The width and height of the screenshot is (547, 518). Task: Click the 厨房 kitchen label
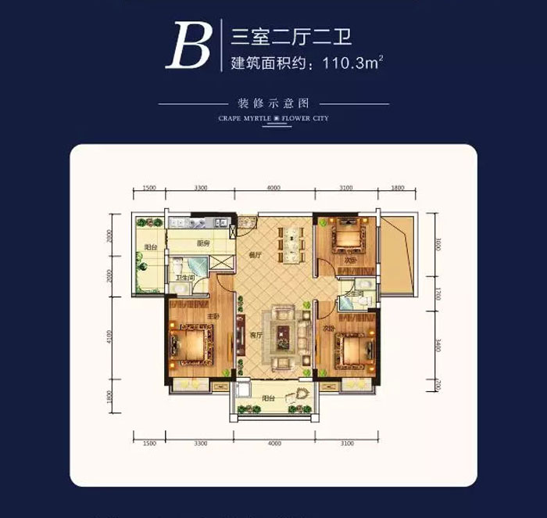pyautogui.click(x=203, y=243)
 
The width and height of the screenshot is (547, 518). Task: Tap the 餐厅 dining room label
pyautogui.click(x=254, y=255)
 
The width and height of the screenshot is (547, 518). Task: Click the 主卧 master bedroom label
pyautogui.click(x=211, y=317)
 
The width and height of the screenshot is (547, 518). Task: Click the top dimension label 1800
pyautogui.click(x=397, y=189)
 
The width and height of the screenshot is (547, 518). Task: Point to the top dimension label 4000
pyautogui.click(x=273, y=189)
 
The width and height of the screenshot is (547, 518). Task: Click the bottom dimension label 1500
pyautogui.click(x=150, y=444)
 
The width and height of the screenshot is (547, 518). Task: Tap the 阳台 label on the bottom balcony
pyautogui.click(x=268, y=397)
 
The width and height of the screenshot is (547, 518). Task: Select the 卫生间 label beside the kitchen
pyautogui.click(x=184, y=277)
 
